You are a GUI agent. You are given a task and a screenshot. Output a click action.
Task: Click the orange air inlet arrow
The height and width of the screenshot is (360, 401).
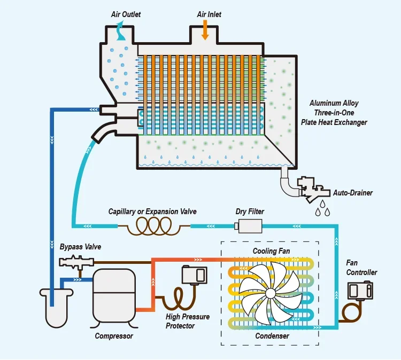click(205, 30)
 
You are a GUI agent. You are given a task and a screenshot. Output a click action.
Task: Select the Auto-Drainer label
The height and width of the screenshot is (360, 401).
click(353, 192)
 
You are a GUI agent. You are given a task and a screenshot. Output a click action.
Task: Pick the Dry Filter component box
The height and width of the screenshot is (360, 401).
click(249, 226)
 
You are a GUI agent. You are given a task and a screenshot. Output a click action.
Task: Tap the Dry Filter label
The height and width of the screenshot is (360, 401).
click(250, 212)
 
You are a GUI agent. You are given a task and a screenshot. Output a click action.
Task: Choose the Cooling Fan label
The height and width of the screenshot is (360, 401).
click(270, 251)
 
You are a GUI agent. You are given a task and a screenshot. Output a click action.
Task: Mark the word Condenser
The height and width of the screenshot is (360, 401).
click(272, 336)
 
